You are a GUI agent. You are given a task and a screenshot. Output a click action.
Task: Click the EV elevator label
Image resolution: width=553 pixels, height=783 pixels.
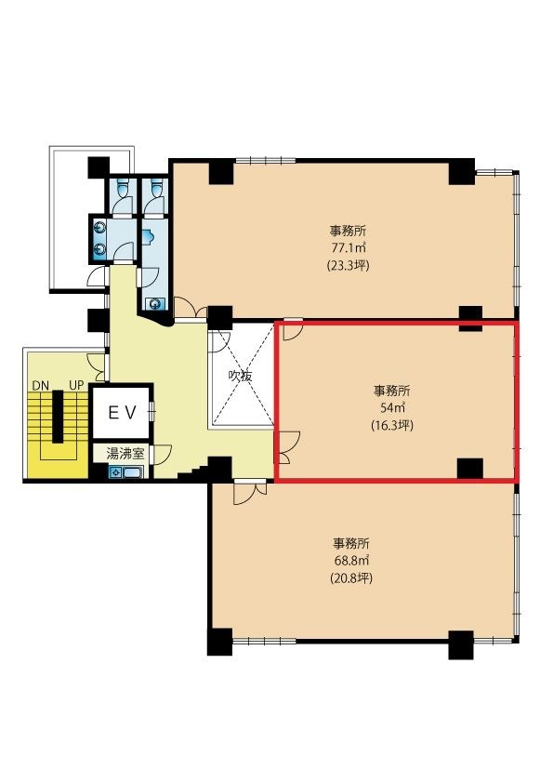[123, 413]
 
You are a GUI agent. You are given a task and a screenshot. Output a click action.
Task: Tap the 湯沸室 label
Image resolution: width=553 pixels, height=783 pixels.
[125, 454]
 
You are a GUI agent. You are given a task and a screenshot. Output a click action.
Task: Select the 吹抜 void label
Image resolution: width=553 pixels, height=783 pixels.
[241, 376]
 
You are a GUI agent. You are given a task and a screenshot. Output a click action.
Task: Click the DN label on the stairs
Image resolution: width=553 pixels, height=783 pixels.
[40, 386]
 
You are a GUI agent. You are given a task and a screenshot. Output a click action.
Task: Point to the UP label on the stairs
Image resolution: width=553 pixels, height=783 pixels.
[76, 386]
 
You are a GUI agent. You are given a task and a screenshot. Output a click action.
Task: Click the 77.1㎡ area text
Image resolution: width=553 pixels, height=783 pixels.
[349, 247]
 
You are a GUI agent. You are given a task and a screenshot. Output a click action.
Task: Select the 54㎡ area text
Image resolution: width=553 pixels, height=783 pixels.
[392, 407]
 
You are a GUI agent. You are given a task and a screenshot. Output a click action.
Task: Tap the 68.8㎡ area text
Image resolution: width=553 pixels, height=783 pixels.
[351, 560]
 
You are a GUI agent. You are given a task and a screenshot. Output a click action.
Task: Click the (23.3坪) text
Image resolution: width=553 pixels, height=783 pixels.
[349, 265]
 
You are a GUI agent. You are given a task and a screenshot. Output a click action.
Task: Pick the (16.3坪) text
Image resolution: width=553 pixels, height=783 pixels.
[392, 426]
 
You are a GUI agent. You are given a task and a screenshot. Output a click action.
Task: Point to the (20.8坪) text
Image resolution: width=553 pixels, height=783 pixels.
[351, 577]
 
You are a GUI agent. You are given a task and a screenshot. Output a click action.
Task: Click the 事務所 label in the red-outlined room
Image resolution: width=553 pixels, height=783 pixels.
[392, 390]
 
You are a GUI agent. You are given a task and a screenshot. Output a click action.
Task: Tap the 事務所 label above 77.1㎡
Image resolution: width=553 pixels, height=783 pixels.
[349, 231]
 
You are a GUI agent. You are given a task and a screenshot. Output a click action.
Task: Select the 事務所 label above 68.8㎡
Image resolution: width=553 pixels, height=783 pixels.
[351, 543]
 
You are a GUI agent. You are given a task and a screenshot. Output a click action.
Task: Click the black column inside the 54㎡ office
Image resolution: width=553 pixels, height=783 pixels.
[470, 469]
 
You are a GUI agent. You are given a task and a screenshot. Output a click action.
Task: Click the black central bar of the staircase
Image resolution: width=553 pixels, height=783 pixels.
[59, 417]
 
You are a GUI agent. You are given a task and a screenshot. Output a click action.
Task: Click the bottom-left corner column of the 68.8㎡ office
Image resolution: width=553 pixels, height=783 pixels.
[219, 641]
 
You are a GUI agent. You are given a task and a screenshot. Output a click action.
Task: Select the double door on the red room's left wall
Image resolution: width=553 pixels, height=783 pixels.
[287, 448]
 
